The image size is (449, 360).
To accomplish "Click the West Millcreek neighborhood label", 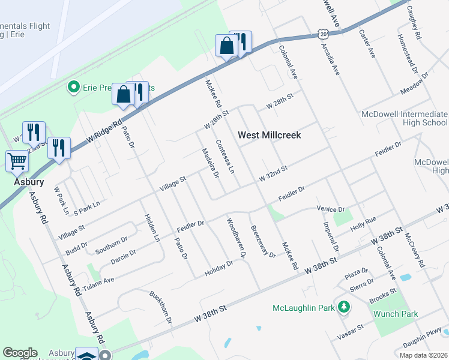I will pos(269,135).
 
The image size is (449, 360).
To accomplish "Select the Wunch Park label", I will pos(395,314).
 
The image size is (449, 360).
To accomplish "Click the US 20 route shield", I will pos(324,35).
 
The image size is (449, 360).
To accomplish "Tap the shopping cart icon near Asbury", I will pos(17,161).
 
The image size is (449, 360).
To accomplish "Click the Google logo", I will pos(20,353).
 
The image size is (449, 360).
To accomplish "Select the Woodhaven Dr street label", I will pos(236,238).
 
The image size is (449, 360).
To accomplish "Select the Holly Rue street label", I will pos(363,223).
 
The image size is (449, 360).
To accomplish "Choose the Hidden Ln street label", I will pos(151,229).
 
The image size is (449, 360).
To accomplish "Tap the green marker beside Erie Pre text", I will pos(74,88).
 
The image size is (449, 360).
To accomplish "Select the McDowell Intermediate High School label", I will pos(404,118).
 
